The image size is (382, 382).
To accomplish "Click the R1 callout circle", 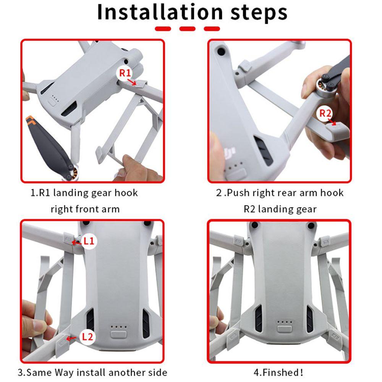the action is coord(125,73).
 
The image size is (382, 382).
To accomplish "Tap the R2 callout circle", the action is coord(325,113).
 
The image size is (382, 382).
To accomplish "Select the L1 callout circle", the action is coord(89,241).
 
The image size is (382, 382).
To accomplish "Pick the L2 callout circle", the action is coord(87,337).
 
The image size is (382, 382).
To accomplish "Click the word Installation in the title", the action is coord(160,12).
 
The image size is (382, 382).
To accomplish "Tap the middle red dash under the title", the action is coord(187,29).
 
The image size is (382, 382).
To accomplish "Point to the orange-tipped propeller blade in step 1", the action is coord(46,143).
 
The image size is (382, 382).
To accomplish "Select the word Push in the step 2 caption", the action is coord(238,193).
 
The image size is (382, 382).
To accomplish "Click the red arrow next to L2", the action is coord(71,338).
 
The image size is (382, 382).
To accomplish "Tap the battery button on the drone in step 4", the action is coord(285,329).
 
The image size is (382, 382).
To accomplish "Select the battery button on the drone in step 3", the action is coord(119,334).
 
